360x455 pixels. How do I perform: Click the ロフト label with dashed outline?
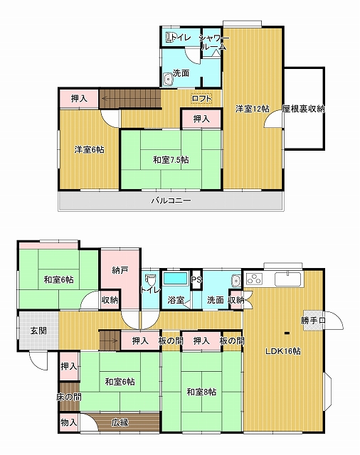(201, 99)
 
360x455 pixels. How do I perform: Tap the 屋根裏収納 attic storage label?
(303, 109)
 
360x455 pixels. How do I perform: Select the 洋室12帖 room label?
(252, 109)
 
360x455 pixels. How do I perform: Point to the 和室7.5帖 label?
(171, 159)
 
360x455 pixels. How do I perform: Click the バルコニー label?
(171, 200)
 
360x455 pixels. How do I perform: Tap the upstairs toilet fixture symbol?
(169, 38)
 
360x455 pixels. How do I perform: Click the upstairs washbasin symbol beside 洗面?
(168, 79)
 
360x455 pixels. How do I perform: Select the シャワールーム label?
(214, 42)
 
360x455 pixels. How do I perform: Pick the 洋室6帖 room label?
(90, 150)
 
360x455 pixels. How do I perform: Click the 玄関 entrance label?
(38, 331)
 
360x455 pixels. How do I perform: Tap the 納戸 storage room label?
(120, 270)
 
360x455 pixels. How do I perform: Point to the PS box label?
(196, 279)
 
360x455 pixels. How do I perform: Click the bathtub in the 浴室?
(176, 278)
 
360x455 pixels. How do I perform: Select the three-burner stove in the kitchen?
(255, 279)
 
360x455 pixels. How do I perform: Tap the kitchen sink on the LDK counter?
(288, 279)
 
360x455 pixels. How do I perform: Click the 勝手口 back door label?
(313, 321)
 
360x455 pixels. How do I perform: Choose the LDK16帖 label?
(283, 351)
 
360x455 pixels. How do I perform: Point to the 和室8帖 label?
(201, 392)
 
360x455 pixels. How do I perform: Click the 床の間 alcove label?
(69, 397)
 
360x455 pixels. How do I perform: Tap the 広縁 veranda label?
(120, 422)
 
